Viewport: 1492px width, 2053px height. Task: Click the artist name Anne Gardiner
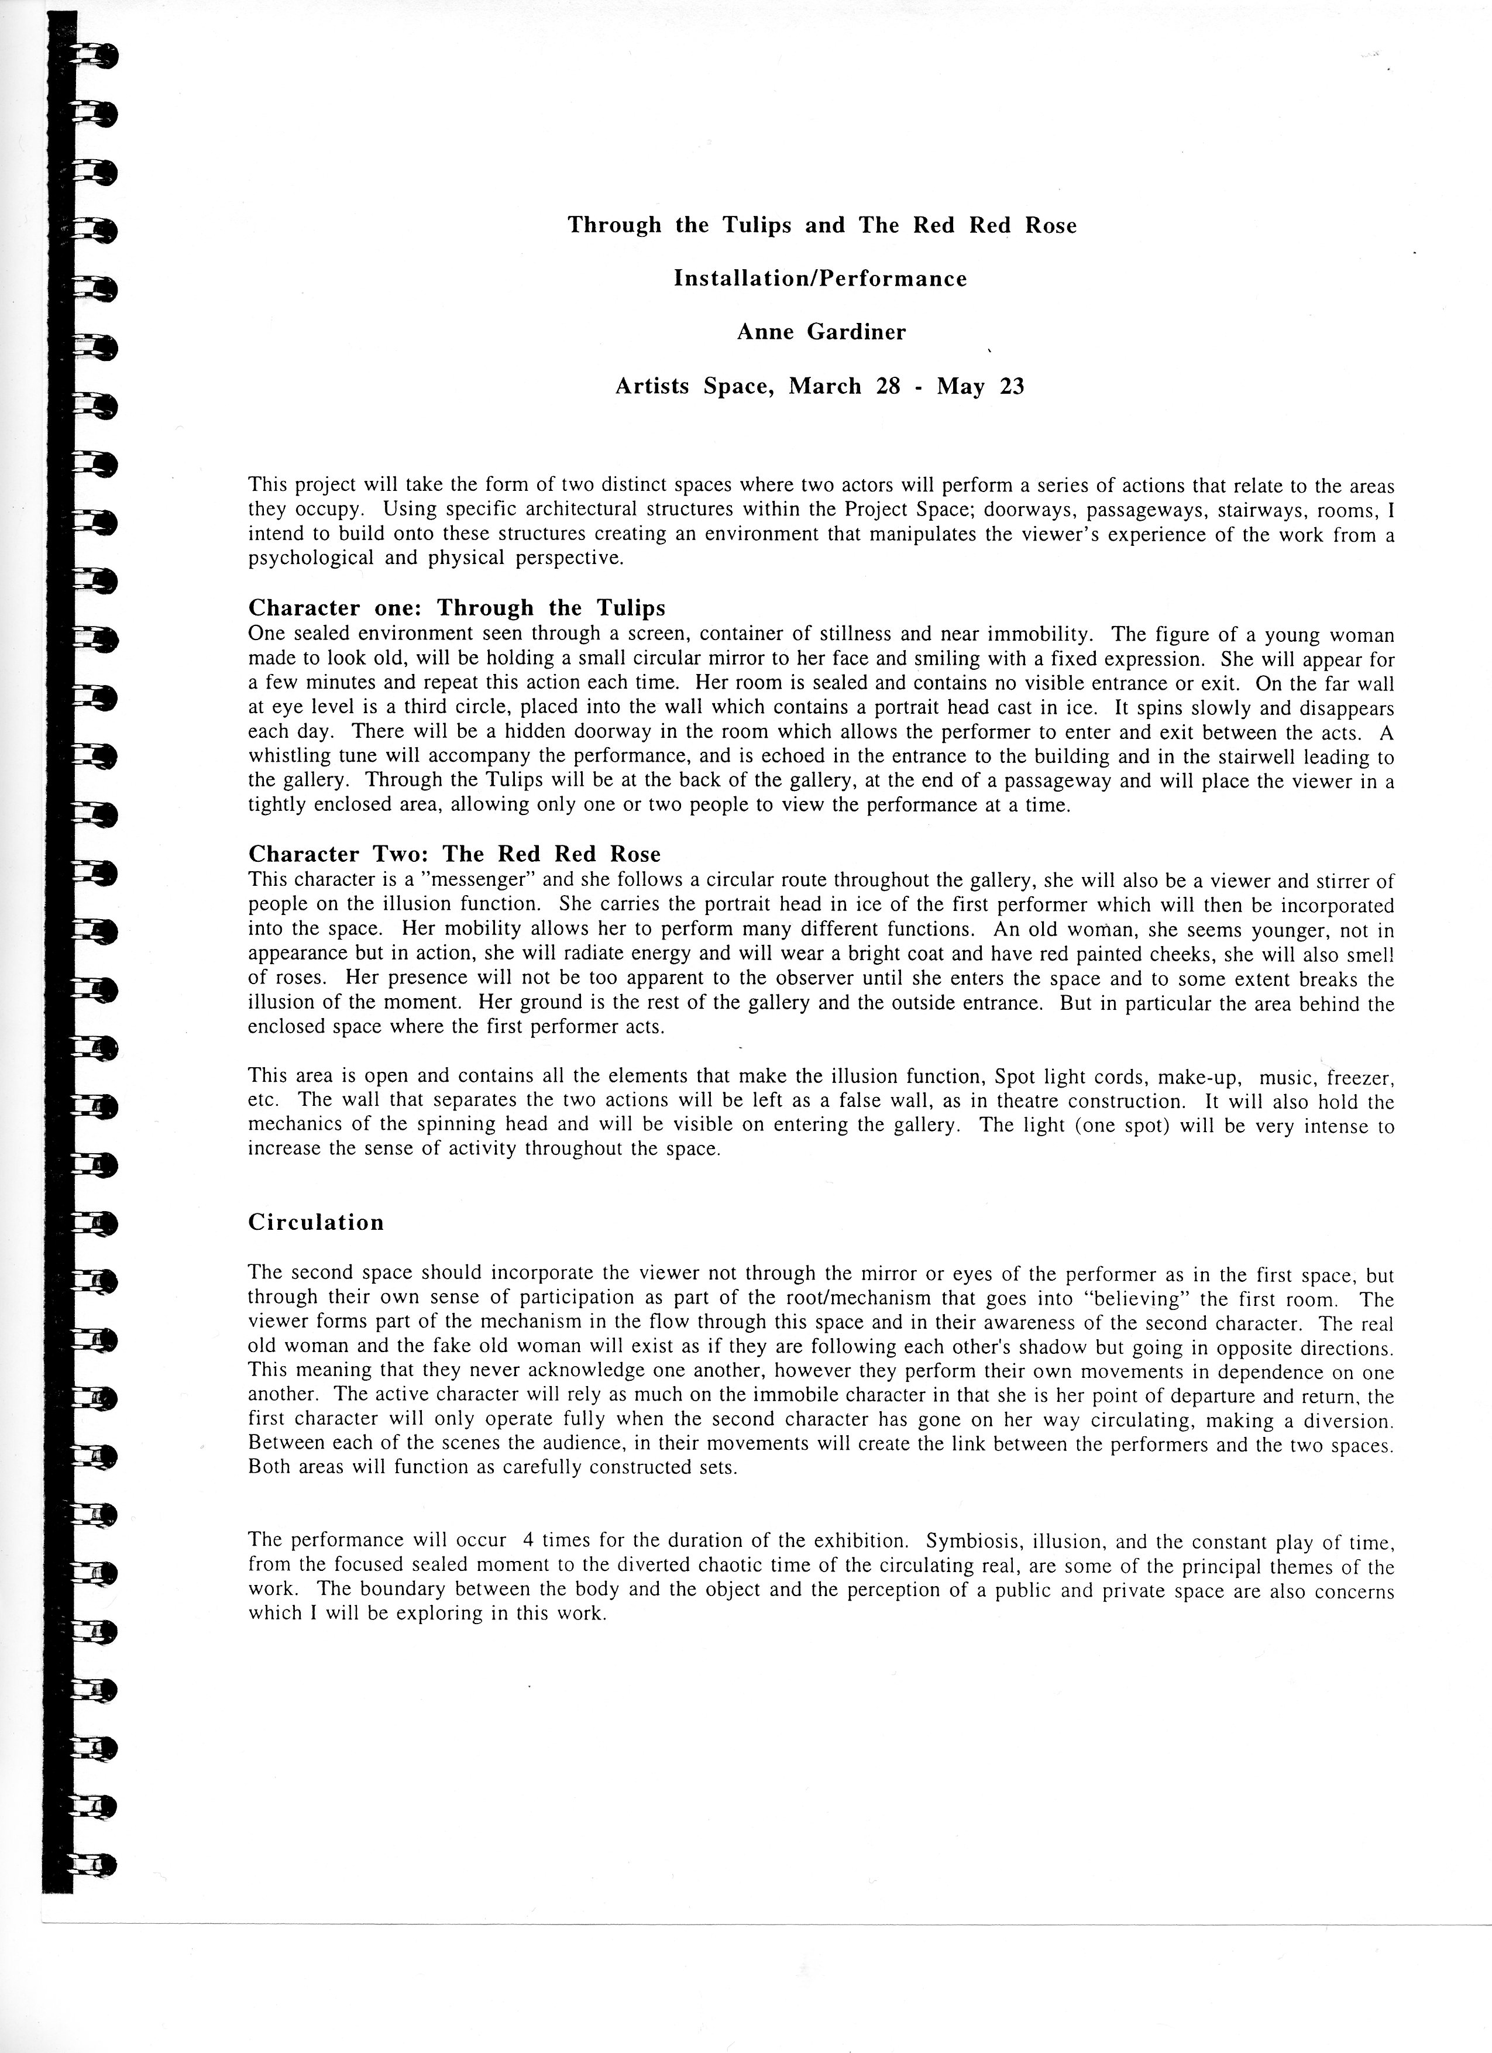(820, 332)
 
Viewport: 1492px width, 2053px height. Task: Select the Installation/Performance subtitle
(820, 279)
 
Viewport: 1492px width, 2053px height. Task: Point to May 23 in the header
(981, 387)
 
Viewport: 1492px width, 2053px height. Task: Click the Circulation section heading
(316, 1222)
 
